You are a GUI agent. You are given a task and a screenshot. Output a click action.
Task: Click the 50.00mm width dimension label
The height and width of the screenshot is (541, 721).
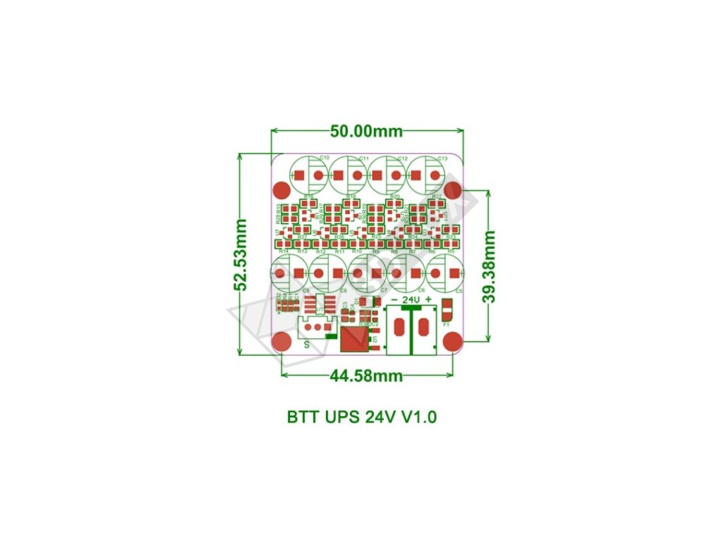point(367,132)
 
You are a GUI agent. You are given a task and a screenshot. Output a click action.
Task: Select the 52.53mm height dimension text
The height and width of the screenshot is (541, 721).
point(241,254)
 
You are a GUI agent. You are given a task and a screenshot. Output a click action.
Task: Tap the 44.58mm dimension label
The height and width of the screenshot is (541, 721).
point(366,376)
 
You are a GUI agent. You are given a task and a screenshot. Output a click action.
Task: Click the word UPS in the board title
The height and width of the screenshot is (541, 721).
point(341,417)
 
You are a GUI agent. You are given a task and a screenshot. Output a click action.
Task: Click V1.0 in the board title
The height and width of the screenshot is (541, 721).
point(420,417)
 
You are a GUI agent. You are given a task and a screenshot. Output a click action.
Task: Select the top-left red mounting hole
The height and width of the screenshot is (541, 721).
point(282,190)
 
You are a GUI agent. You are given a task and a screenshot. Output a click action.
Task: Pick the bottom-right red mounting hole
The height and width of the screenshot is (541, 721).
point(453,342)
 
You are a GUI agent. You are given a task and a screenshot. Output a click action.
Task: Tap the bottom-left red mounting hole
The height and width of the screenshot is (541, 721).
point(282,342)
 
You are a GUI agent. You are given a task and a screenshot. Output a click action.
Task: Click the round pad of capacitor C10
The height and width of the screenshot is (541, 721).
point(319,175)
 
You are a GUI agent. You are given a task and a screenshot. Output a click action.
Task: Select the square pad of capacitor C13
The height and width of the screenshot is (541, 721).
point(417,175)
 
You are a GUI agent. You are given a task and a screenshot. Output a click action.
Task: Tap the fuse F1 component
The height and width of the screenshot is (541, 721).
point(446,311)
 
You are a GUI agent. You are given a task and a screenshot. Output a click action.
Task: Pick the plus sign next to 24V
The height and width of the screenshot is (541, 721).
point(428,299)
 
